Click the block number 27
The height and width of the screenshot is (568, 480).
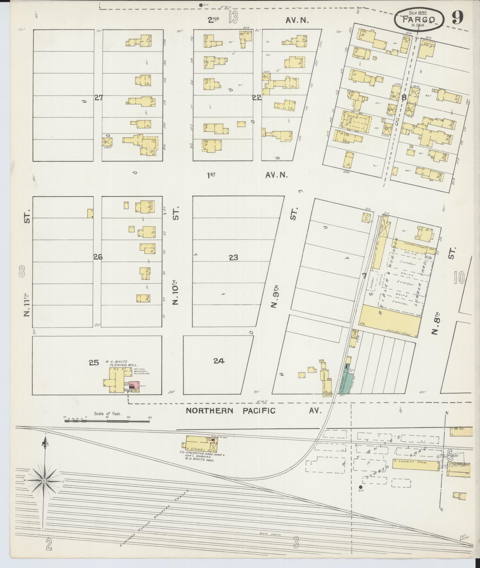[x=98, y=98]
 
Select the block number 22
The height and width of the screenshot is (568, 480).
[x=257, y=98]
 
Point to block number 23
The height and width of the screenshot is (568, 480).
[x=233, y=258]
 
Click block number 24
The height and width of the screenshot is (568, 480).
[x=219, y=361]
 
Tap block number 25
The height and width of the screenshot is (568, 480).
[x=94, y=363]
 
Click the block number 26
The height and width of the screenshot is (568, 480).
[x=98, y=257]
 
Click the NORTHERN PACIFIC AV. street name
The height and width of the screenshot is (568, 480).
[x=254, y=411]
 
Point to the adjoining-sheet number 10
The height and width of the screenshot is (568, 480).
[x=459, y=278]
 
